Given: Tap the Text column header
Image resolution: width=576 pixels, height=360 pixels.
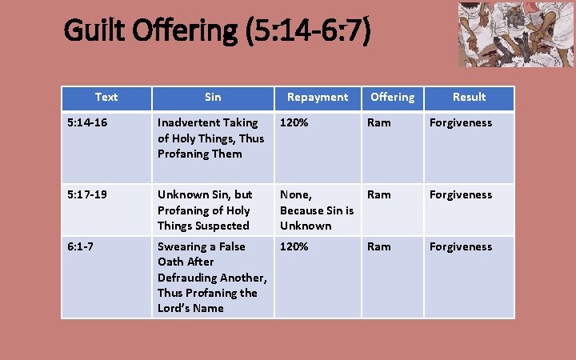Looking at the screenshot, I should click(106, 97).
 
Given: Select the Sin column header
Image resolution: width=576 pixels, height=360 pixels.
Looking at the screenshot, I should click(213, 97).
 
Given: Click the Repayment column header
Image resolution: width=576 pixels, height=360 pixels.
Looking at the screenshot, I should click(318, 97).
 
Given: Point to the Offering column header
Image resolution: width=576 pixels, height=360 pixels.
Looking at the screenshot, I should click(392, 97).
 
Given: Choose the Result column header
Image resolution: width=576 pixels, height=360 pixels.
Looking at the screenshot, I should click(469, 97).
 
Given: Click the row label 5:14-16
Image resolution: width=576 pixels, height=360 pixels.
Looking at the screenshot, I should click(88, 123).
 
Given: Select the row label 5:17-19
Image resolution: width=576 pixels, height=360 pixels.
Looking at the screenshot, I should click(89, 194).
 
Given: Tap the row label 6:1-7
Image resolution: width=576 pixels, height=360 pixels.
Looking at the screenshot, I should click(81, 246).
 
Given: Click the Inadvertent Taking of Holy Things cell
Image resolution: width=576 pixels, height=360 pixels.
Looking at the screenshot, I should click(210, 138).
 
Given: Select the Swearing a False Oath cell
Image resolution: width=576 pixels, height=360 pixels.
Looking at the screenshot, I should click(211, 277).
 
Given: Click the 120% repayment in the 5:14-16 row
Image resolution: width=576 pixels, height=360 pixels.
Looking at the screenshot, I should click(294, 123).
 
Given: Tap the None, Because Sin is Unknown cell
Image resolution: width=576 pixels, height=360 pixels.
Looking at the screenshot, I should click(316, 210).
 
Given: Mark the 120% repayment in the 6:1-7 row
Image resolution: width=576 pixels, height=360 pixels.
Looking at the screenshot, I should click(294, 246).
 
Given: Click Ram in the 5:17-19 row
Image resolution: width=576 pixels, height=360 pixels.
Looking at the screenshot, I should click(378, 194).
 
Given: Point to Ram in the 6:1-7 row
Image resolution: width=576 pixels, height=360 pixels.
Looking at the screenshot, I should click(378, 246).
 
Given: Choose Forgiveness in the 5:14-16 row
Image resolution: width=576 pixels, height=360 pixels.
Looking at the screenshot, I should click(461, 123).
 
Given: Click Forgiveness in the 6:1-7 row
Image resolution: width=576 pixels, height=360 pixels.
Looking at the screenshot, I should click(461, 246).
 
